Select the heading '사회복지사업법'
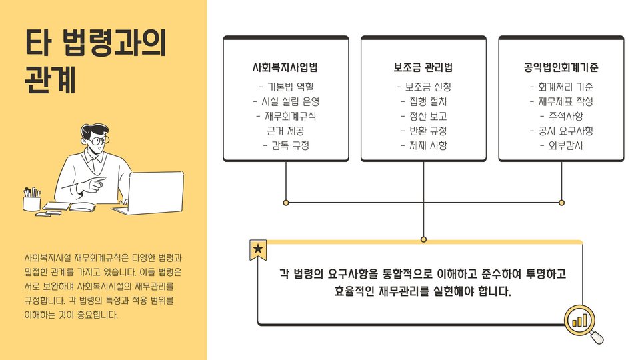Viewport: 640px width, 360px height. (x=285, y=68)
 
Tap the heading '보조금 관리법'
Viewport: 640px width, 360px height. (x=423, y=68)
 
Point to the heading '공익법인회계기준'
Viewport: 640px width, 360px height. (x=561, y=68)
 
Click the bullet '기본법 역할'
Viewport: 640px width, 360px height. (x=286, y=87)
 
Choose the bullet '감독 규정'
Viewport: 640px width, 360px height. (x=286, y=145)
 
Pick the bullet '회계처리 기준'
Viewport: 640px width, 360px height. (x=561, y=87)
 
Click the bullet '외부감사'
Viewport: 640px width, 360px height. (x=561, y=145)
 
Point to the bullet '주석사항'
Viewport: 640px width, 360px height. (x=561, y=116)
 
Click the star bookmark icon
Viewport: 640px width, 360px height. (x=258, y=250)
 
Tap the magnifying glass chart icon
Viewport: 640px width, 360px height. (x=582, y=323)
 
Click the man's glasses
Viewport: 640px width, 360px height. (x=98, y=141)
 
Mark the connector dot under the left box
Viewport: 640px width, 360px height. (x=286, y=202)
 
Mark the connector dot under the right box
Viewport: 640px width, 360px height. (x=561, y=202)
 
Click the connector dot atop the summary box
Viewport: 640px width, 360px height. (x=423, y=239)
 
